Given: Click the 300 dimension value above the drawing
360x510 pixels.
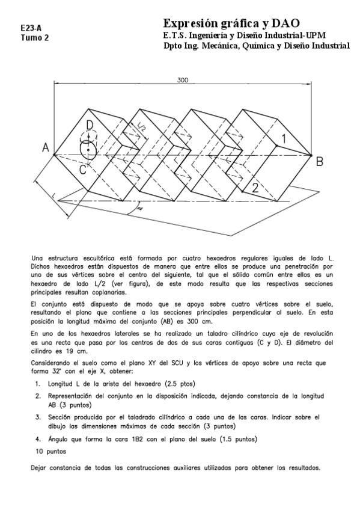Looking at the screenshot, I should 183,79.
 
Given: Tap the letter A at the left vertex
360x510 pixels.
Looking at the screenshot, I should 45,148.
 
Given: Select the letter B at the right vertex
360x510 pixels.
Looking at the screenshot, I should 320,161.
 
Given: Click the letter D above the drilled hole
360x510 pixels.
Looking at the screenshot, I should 89,124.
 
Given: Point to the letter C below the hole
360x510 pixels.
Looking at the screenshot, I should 83,170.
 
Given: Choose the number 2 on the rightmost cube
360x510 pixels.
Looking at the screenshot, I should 255,187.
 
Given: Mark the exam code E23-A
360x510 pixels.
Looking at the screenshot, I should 31,28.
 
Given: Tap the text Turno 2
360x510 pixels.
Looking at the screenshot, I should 35,37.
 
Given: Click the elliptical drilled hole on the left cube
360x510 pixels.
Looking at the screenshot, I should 88,148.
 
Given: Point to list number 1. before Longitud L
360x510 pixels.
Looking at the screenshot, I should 37,383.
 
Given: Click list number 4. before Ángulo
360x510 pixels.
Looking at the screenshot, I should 37,438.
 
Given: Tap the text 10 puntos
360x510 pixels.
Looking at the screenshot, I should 50,450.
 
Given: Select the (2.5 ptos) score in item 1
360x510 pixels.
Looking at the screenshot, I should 177,383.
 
